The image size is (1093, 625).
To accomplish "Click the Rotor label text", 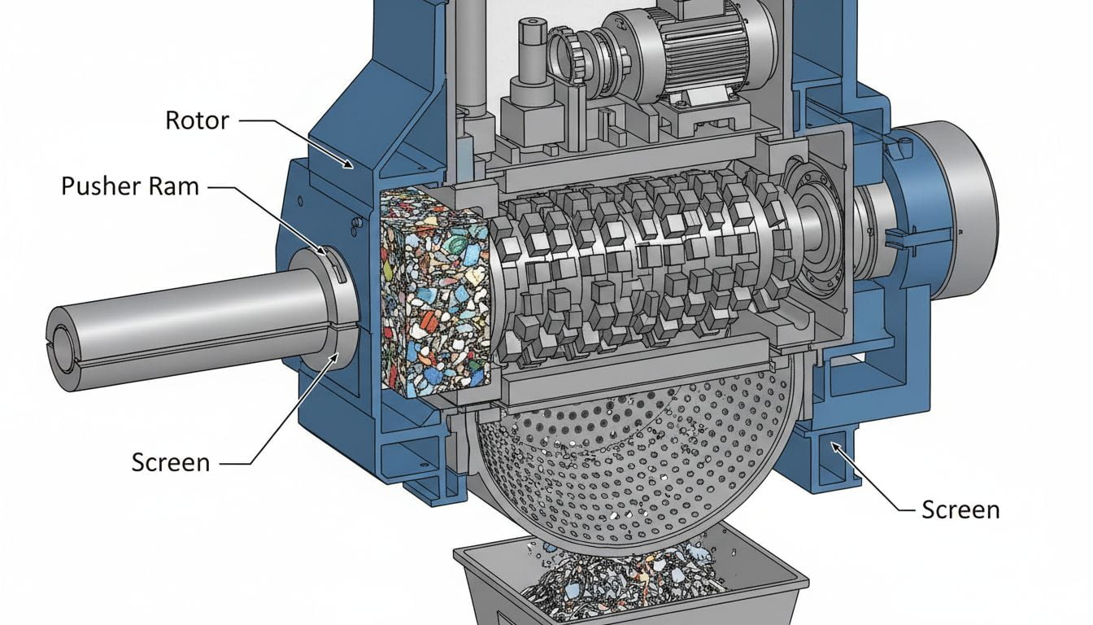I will [x=197, y=120].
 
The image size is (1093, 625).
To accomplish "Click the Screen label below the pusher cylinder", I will [x=171, y=462].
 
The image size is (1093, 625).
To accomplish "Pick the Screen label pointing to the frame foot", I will [x=960, y=509].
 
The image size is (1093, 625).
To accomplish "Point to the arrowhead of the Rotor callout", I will [x=350, y=166].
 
